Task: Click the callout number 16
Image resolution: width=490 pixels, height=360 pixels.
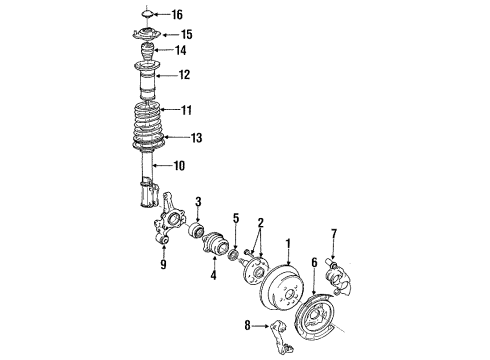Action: point(177,15)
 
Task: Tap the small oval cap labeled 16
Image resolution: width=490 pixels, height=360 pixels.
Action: point(147,14)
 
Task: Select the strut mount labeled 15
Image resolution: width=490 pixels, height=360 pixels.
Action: point(145,35)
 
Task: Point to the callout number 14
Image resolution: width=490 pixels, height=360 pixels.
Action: point(180,50)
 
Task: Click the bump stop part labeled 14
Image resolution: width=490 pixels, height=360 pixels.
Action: point(147,52)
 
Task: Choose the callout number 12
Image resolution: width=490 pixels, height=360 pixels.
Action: point(184,75)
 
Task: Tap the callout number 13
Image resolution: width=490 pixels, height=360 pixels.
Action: point(196,138)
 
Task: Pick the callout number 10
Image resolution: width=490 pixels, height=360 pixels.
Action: point(179,166)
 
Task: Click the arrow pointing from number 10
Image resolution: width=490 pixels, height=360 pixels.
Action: point(162,165)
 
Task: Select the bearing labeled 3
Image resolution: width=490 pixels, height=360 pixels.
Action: point(196,229)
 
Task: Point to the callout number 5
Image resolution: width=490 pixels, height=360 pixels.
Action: point(236,218)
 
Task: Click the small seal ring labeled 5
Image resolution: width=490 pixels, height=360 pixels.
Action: point(233,255)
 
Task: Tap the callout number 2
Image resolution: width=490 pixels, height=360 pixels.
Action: point(261,223)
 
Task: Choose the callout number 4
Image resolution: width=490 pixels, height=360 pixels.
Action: point(213,275)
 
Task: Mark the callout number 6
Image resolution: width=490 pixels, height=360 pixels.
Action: point(314,262)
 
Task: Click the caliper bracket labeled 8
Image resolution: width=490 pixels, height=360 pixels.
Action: point(282,337)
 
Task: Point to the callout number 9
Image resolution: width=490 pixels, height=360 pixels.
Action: point(163,264)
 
